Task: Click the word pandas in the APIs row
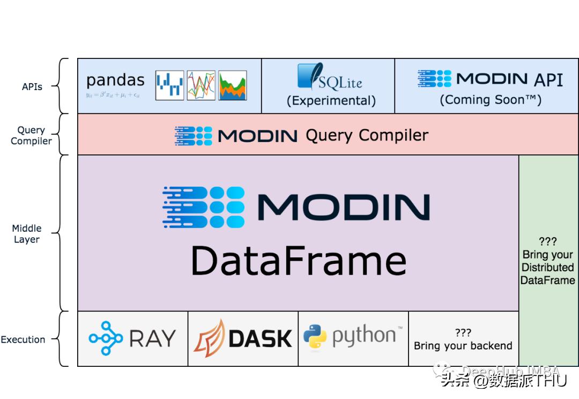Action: pyautogui.click(x=115, y=80)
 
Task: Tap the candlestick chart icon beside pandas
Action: pyautogui.click(x=169, y=85)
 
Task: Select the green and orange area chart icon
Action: pyautogui.click(x=233, y=85)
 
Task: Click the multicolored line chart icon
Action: pyautogui.click(x=201, y=85)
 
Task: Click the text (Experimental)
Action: pyautogui.click(x=331, y=100)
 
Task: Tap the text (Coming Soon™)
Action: pyautogui.click(x=491, y=100)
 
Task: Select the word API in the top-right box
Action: pyautogui.click(x=548, y=80)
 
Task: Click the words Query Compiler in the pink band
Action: pyautogui.click(x=367, y=135)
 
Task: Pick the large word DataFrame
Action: pyautogui.click(x=299, y=261)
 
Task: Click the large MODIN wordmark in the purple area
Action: pyautogui.click(x=343, y=207)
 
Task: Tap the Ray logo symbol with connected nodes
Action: pyautogui.click(x=106, y=338)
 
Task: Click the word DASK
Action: pyautogui.click(x=260, y=338)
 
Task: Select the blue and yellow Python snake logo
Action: pyautogui.click(x=315, y=337)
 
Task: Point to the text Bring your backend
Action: pyautogui.click(x=463, y=346)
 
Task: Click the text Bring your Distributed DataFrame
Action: pyautogui.click(x=548, y=267)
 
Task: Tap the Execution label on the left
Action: pyautogui.click(x=23, y=339)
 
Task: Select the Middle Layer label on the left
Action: pyautogui.click(x=27, y=234)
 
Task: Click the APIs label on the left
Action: pyautogui.click(x=32, y=86)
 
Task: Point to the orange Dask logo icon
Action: pyautogui.click(x=209, y=338)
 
